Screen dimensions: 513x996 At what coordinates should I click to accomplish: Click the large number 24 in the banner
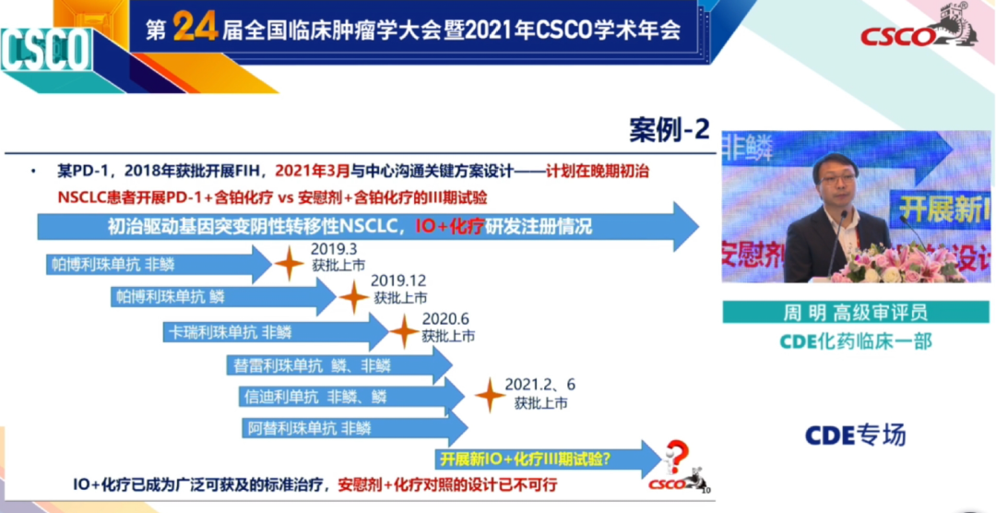(195, 29)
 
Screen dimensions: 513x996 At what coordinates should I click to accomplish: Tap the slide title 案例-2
(670, 129)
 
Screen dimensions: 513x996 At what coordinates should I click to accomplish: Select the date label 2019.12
(398, 281)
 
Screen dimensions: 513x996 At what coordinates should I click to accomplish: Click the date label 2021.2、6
(539, 384)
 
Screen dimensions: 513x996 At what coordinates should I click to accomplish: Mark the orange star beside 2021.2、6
(489, 395)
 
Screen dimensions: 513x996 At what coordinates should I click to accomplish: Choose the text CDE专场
(855, 435)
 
